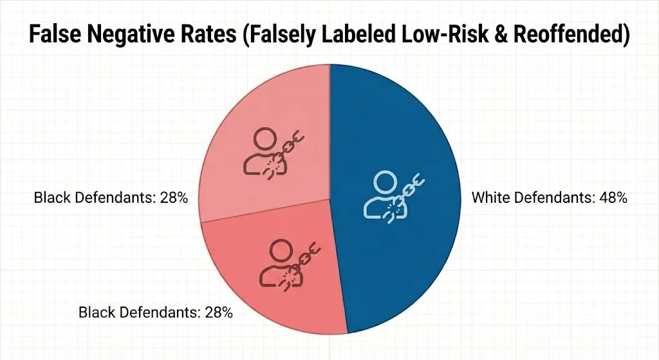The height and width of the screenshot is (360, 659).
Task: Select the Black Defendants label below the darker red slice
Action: (x=155, y=314)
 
